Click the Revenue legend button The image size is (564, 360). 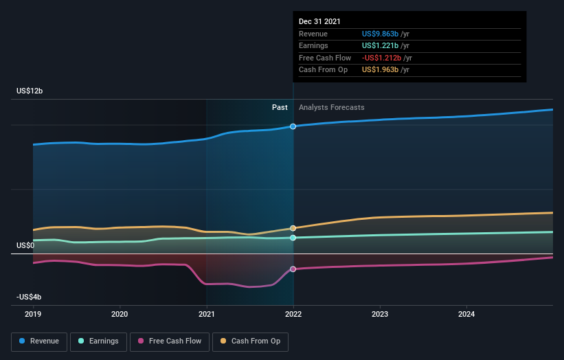click(39, 341)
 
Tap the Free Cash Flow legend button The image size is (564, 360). click(168, 341)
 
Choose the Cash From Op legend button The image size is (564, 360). click(251, 341)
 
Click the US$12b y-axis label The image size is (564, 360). click(35, 91)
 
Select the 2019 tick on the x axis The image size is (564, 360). click(33, 314)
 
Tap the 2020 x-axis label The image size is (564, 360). click(120, 314)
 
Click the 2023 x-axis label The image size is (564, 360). click(380, 314)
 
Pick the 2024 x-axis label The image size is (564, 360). click(466, 314)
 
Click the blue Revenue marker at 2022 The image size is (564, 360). click(293, 126)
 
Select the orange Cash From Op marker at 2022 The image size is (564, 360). click(293, 228)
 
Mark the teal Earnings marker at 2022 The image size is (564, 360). click(293, 238)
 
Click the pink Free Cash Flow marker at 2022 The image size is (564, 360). click(293, 269)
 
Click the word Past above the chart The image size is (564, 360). click(280, 107)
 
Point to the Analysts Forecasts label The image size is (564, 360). click(332, 107)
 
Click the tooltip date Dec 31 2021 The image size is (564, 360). click(319, 22)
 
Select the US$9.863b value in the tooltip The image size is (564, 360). click(385, 34)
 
